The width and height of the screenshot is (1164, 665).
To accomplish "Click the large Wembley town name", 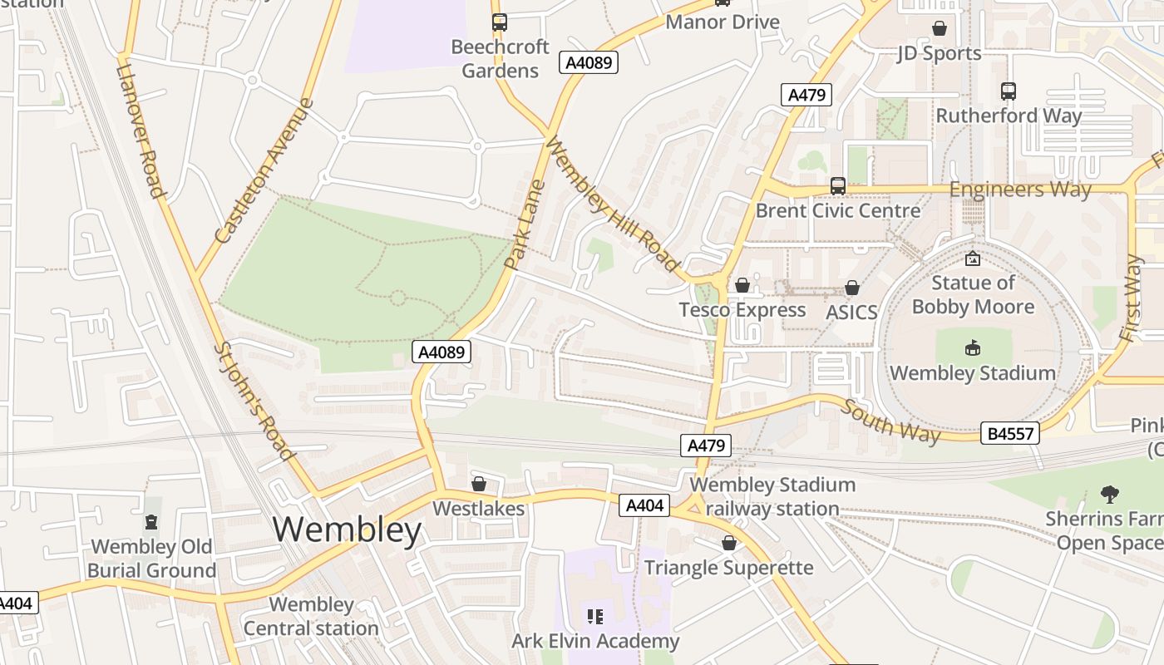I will pos(347,530).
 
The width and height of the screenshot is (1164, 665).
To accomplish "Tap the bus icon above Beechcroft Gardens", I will pos(499,22).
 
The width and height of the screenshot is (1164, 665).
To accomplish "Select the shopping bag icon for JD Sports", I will pos(939,29).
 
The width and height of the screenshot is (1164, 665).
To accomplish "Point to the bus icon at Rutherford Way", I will pos(1008,91).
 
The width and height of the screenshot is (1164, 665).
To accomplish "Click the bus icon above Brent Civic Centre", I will pos(837,186).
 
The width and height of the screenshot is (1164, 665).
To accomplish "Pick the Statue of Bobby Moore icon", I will pos(972,259).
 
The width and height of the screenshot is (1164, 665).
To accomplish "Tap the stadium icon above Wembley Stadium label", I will pos(972,348).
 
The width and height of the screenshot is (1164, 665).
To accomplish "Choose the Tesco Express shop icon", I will pos(742,286).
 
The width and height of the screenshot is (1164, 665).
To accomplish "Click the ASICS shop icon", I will pos(851,288).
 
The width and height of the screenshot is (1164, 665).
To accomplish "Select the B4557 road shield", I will pos(1009,433).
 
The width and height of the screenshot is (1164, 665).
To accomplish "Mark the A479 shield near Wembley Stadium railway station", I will pos(707,446).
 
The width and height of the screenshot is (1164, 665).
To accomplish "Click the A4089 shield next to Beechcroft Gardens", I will pos(589,63).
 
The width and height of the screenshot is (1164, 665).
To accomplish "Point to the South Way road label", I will pos(890,421).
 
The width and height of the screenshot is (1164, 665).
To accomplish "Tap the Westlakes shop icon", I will pos(479,484).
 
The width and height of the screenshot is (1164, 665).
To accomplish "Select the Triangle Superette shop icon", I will pos(728,544).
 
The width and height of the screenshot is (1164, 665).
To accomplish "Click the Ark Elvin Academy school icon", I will pos(594,617).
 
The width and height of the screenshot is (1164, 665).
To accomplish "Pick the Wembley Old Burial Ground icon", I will pos(151,522).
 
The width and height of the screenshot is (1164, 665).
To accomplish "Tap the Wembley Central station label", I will pos(311,616).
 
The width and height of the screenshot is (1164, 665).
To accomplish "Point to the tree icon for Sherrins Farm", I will pos(1109,495).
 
